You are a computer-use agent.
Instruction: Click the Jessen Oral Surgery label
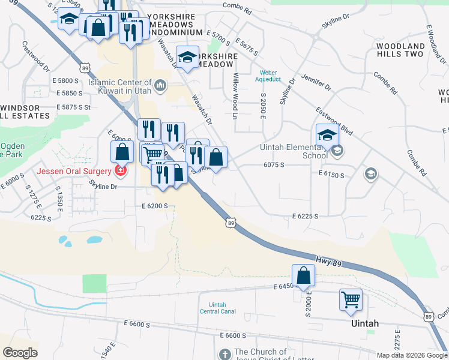click(74, 171)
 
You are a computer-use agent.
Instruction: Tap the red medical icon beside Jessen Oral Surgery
click(121, 171)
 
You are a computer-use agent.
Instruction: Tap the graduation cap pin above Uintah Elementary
click(327, 135)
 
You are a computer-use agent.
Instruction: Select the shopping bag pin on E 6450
click(304, 275)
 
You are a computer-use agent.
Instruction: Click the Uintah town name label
click(364, 323)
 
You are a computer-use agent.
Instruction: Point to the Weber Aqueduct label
click(268, 76)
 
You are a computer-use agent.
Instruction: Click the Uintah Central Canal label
click(217, 308)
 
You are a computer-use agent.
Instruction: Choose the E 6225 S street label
click(305, 216)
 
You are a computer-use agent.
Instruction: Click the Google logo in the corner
click(20, 353)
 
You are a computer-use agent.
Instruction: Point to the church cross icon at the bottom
click(225, 354)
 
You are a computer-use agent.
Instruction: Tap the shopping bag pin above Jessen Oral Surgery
click(122, 152)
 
